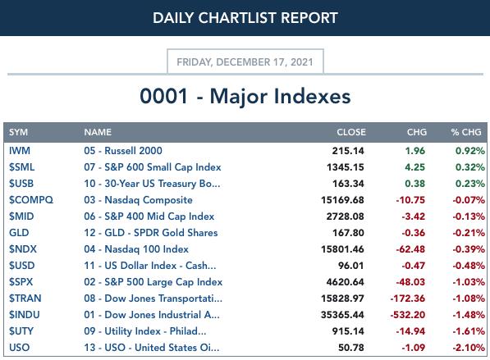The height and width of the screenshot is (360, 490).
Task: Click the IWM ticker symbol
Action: [x=20, y=151]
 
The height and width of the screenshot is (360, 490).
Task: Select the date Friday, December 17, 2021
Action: [x=245, y=62]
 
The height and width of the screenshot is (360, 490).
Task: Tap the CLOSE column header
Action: [x=351, y=132]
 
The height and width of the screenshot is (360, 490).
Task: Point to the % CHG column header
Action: [x=466, y=132]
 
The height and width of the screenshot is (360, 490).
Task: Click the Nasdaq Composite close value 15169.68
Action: [x=342, y=200]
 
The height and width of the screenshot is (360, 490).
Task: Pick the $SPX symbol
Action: [x=21, y=281]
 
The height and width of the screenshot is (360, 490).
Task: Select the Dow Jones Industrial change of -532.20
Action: [x=407, y=314]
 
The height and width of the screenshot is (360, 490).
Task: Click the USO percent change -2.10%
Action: [x=469, y=347]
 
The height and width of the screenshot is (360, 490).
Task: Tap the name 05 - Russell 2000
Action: [x=123, y=151]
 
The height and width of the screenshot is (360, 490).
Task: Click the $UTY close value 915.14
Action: [x=348, y=331]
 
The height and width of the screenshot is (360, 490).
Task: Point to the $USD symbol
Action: [x=21, y=266]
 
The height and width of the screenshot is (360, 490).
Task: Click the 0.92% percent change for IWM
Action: [x=470, y=151]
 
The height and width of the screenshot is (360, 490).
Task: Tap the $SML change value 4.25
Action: [x=415, y=167]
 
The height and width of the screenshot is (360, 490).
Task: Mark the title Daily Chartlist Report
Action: [x=245, y=18]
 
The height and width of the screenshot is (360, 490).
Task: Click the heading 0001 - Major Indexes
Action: [x=245, y=96]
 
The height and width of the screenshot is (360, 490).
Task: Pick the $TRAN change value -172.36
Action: [x=407, y=298]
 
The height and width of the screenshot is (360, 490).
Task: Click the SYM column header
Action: [x=18, y=132]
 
